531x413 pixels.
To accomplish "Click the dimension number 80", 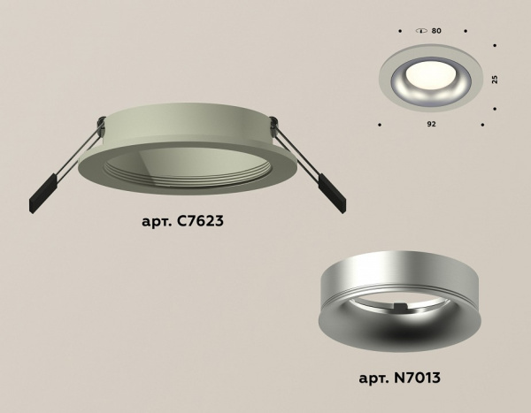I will click(x=436, y=32).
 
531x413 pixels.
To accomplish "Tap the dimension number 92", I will click(x=431, y=125).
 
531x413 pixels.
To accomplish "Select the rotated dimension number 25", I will click(x=495, y=79).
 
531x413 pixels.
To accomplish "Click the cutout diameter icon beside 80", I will click(x=420, y=32).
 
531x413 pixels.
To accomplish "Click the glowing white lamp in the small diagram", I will click(x=431, y=69).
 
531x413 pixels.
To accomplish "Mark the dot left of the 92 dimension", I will click(x=379, y=124).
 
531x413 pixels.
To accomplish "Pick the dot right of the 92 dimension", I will click(x=483, y=124).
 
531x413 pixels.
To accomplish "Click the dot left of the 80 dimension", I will click(x=400, y=32).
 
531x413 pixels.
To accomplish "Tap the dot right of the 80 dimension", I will click(x=463, y=32).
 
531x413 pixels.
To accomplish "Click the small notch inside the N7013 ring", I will click(x=401, y=308).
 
